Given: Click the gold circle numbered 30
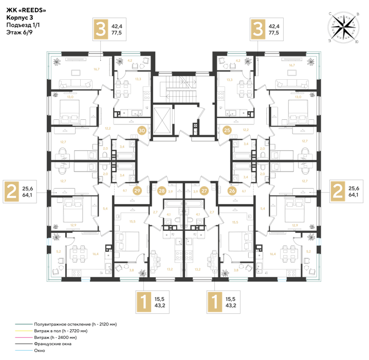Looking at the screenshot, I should pyautogui.click(x=142, y=131).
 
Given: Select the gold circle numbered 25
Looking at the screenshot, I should pyautogui.click(x=227, y=131).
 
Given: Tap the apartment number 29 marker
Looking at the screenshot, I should pyautogui.click(x=137, y=191).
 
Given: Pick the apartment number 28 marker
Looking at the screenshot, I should pyautogui.click(x=162, y=191).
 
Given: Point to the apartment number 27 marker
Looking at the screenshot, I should pyautogui.click(x=205, y=191).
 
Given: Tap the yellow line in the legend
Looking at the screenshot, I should pyautogui.click(x=24, y=331).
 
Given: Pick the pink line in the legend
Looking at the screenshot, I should pyautogui.click(x=24, y=337).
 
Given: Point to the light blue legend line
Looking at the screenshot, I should pyautogui.click(x=24, y=350).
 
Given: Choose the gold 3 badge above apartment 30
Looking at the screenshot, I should pyautogui.click(x=100, y=29).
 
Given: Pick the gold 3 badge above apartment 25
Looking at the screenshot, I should pyautogui.click(x=257, y=29).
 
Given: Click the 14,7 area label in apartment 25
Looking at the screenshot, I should pyautogui.click(x=292, y=65).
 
